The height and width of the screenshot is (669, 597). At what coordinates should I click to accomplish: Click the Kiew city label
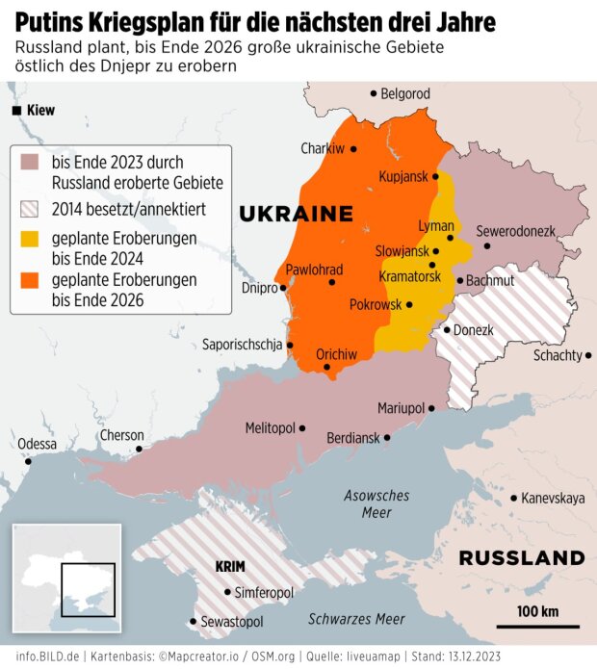pyautogui.click(x=40, y=111)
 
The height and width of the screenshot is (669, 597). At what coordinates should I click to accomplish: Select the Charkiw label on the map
pyautogui.click(x=322, y=148)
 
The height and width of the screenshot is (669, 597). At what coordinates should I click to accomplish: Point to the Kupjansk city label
pyautogui.click(x=402, y=178)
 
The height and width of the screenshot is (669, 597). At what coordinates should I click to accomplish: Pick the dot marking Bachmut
pyautogui.click(x=460, y=281)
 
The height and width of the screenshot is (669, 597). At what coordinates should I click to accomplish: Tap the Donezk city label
pyautogui.click(x=473, y=330)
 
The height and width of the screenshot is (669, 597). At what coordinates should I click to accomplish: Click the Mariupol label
pyautogui.click(x=402, y=408)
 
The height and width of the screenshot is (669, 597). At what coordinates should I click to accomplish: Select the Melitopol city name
pyautogui.click(x=270, y=427)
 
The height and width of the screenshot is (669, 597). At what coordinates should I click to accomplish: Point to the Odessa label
pyautogui.click(x=37, y=444)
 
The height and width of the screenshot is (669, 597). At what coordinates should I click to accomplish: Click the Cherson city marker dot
pyautogui.click(x=140, y=449)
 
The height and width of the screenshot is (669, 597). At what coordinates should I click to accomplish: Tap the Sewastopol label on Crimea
pyautogui.click(x=231, y=623)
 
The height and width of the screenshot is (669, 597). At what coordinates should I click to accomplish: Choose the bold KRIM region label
pyautogui.click(x=229, y=566)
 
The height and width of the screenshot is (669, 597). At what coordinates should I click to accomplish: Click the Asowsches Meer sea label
pyautogui.click(x=376, y=503)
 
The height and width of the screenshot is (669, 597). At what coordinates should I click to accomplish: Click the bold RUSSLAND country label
pyautogui.click(x=521, y=558)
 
